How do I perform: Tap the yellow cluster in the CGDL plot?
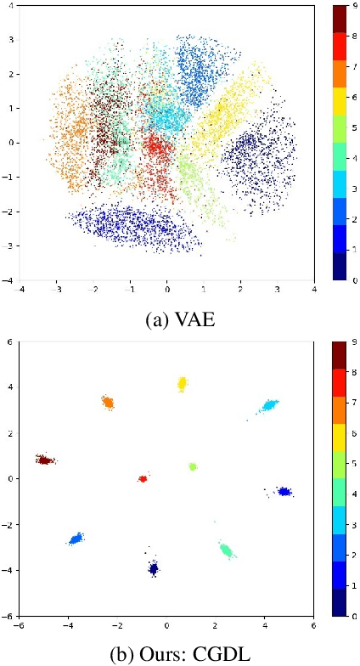182,384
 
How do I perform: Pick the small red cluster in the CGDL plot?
143,479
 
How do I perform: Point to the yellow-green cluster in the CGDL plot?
193,466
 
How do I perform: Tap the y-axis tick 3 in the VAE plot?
12,39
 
